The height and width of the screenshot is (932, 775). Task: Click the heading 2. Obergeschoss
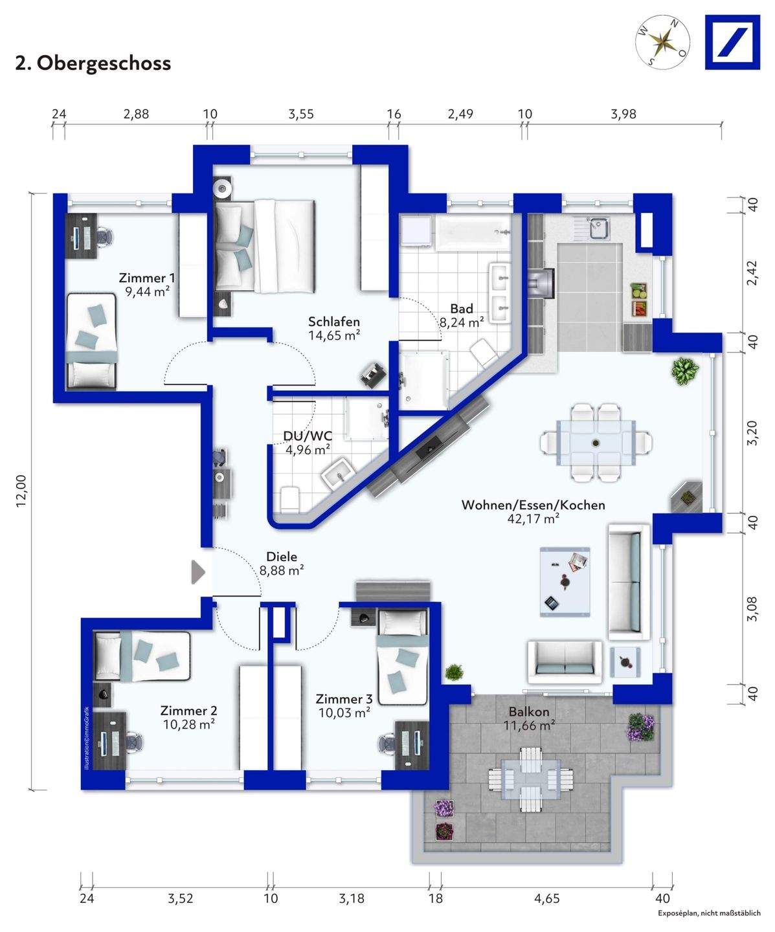pyautogui.click(x=93, y=63)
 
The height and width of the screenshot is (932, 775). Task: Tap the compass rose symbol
pyautogui.click(x=662, y=42)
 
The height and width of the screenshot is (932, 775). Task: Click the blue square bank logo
pyautogui.click(x=732, y=42)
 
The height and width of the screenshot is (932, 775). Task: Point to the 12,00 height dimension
pyautogui.click(x=21, y=491)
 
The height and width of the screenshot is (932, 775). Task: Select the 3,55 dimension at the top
pyautogui.click(x=301, y=115)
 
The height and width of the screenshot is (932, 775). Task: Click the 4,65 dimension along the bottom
pyautogui.click(x=547, y=898)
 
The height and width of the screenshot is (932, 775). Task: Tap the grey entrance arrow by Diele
pyautogui.click(x=198, y=571)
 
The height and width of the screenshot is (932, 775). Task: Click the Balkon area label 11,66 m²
pyautogui.click(x=530, y=726)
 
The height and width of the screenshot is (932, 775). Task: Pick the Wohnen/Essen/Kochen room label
pyautogui.click(x=533, y=505)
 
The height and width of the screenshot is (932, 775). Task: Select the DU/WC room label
pyautogui.click(x=308, y=436)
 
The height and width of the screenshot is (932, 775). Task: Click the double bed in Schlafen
pyautogui.click(x=265, y=247)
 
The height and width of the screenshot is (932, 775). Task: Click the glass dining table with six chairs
pyautogui.click(x=596, y=442)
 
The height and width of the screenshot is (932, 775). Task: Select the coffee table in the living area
pyautogui.click(x=565, y=582)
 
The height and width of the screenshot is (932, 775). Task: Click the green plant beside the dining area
pyautogui.click(x=684, y=370)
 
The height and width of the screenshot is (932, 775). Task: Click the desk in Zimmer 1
pyautogui.click(x=81, y=236)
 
